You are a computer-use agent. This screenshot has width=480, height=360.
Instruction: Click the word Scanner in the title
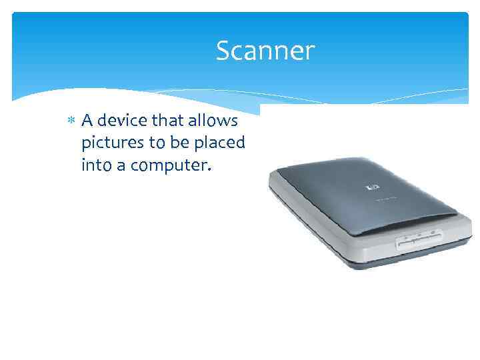coord(265,51)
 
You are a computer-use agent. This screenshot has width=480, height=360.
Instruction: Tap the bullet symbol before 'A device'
coord(71,121)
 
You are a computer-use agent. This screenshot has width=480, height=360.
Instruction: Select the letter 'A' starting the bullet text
coord(86,121)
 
